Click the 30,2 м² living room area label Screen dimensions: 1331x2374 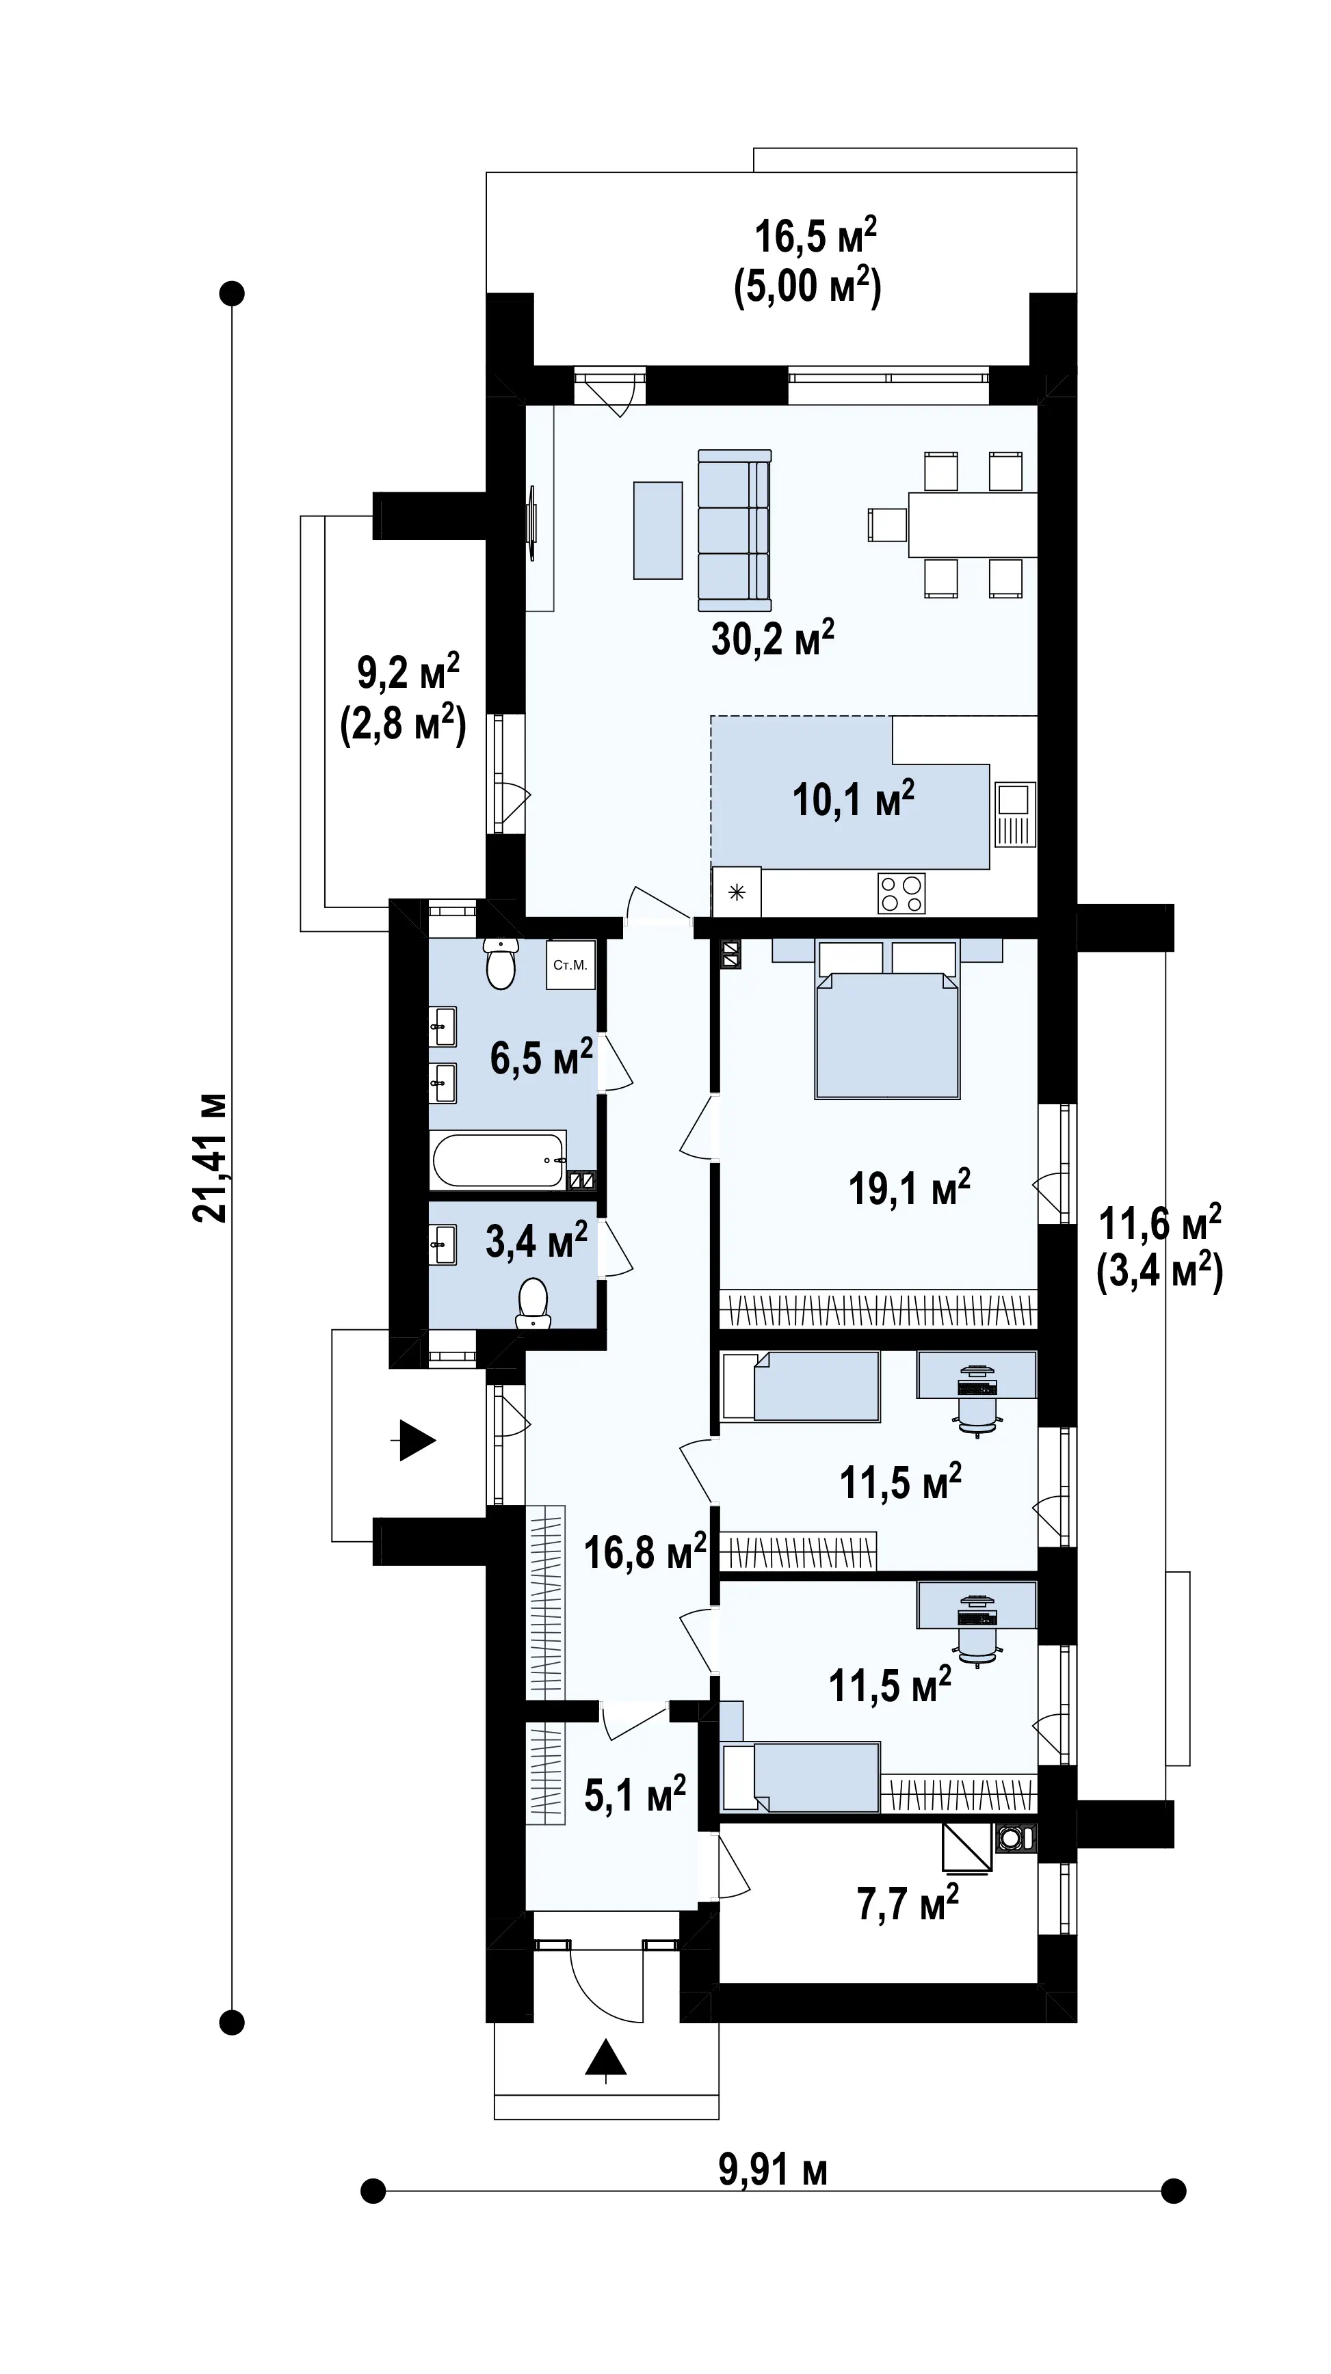tap(772, 638)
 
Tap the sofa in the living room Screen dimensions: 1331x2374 tap(735, 530)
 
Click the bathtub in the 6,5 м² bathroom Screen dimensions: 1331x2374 tap(498, 1160)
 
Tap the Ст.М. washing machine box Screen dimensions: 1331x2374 tap(570, 965)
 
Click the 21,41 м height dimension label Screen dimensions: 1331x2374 tap(209, 1158)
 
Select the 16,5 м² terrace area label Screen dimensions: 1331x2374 tap(815, 235)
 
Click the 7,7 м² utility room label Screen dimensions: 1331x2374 tap(908, 1902)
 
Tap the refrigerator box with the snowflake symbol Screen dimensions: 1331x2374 tap(737, 891)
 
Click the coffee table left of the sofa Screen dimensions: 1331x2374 tap(658, 530)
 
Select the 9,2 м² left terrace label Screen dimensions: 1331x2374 tap(408, 673)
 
